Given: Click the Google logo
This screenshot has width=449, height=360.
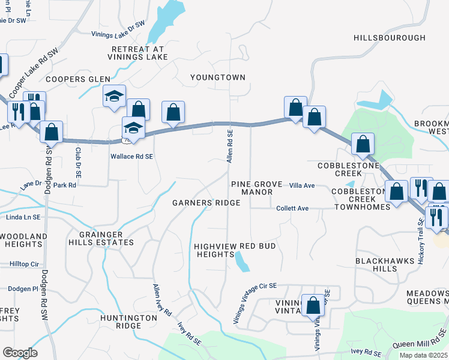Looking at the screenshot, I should (20, 353).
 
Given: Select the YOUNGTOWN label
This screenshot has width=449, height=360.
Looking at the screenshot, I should (218, 77).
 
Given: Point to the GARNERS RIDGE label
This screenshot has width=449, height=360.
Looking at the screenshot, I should (206, 203).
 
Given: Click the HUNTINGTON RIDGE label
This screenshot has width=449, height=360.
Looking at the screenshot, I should (121, 322).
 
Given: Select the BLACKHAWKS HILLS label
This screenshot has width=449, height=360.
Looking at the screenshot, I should (385, 265).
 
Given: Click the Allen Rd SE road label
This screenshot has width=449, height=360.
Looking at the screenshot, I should (229, 145).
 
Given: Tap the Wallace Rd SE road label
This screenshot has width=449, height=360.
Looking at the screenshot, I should (132, 155).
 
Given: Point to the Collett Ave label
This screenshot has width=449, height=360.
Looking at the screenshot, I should (292, 208).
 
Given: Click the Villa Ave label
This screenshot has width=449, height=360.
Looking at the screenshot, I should (302, 186).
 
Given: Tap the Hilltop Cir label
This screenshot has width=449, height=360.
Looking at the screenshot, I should (24, 264).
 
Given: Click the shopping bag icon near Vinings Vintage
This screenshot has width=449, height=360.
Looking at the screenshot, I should (313, 305).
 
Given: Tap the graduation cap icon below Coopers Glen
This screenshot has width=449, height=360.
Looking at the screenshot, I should (115, 96).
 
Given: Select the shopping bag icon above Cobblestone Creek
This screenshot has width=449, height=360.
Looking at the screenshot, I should (363, 143).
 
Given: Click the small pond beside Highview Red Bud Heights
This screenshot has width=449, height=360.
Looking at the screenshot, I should (242, 261).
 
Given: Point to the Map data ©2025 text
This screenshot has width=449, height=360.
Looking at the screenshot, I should (424, 356).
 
